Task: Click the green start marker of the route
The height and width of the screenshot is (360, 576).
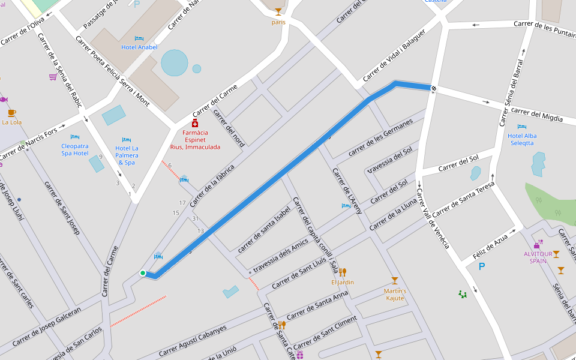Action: coord(143,273)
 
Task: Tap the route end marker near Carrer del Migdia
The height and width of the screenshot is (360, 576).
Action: coord(433,88)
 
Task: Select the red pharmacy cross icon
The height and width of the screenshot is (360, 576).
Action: coord(194,123)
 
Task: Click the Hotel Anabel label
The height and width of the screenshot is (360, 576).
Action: coord(139,47)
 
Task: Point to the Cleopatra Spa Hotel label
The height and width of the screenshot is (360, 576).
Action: coord(75,149)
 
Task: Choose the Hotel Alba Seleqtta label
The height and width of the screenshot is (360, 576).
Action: coord(522,139)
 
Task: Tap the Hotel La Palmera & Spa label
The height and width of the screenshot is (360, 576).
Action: coord(127,155)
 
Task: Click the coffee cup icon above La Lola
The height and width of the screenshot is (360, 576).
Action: coord(12,113)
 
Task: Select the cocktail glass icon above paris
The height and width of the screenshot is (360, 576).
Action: coord(278,12)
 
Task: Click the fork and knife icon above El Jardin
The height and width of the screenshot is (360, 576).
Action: coord(343,272)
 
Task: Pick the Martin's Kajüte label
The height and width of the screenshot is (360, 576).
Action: coord(395,295)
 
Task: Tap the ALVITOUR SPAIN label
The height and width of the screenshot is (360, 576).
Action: coord(538,257)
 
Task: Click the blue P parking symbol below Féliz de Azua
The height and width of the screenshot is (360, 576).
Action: coord(481,266)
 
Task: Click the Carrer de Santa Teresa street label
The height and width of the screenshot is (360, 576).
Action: coord(463,200)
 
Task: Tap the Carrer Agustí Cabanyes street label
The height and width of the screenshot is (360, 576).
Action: coord(193,341)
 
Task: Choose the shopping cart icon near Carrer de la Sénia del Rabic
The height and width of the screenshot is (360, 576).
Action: coord(53,77)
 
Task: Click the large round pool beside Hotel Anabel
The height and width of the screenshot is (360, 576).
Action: coord(175,63)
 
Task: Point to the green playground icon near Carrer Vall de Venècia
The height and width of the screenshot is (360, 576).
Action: coord(463,294)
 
